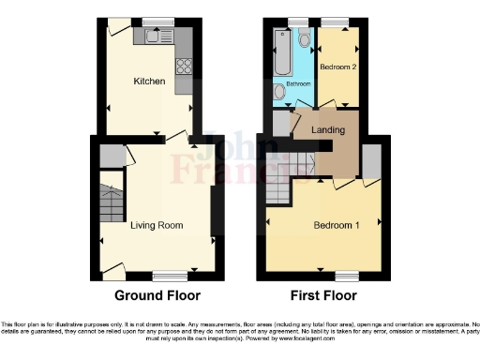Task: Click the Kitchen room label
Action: point(149,82)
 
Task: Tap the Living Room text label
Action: point(157,225)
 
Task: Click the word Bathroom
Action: point(299,82)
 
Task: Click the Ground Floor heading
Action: point(157,295)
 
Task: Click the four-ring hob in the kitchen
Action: point(184,67)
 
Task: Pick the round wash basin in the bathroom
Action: point(279,92)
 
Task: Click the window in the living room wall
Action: point(168,277)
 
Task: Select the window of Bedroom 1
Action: point(347,277)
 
